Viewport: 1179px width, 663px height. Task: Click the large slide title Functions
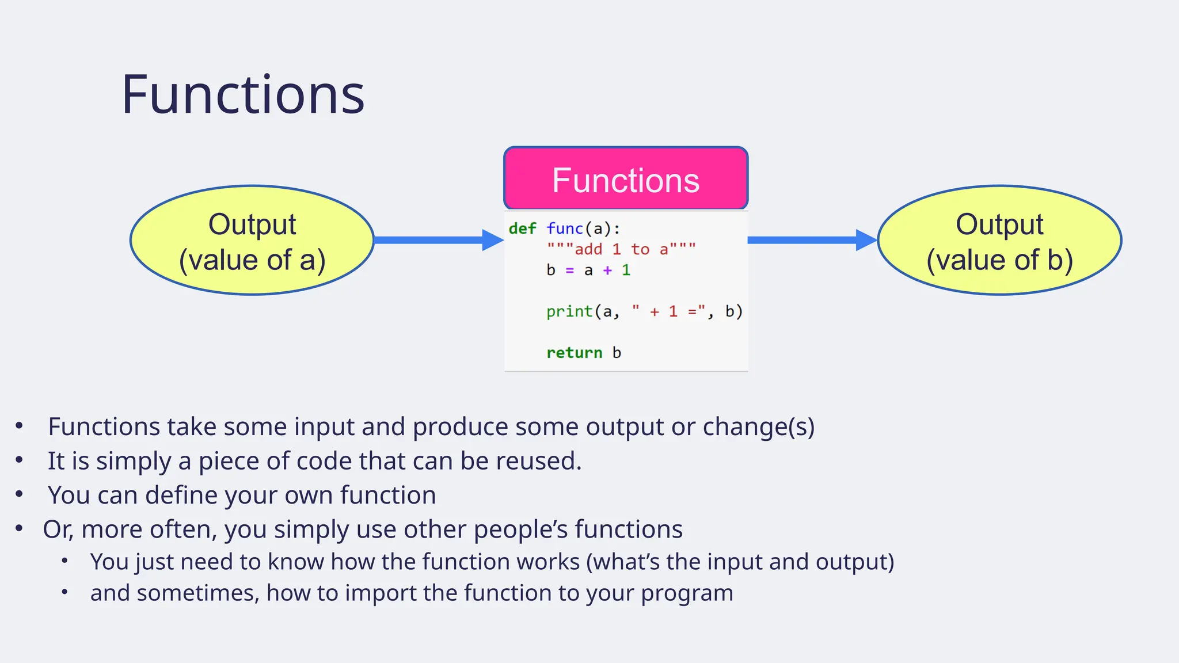(243, 95)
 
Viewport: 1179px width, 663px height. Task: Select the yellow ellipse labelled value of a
(252, 241)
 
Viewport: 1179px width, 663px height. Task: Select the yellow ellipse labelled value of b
(999, 241)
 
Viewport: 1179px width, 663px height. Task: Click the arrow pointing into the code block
(438, 240)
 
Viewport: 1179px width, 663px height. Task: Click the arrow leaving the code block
(812, 240)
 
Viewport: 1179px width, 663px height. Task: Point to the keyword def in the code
(522, 228)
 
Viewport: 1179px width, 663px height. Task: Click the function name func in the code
(565, 228)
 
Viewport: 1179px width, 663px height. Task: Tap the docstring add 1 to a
(621, 249)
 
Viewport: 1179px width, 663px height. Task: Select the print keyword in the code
(569, 311)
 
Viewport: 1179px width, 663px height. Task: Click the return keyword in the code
(574, 353)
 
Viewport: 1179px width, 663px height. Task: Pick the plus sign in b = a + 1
(607, 270)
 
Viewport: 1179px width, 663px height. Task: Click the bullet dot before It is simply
(19, 460)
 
